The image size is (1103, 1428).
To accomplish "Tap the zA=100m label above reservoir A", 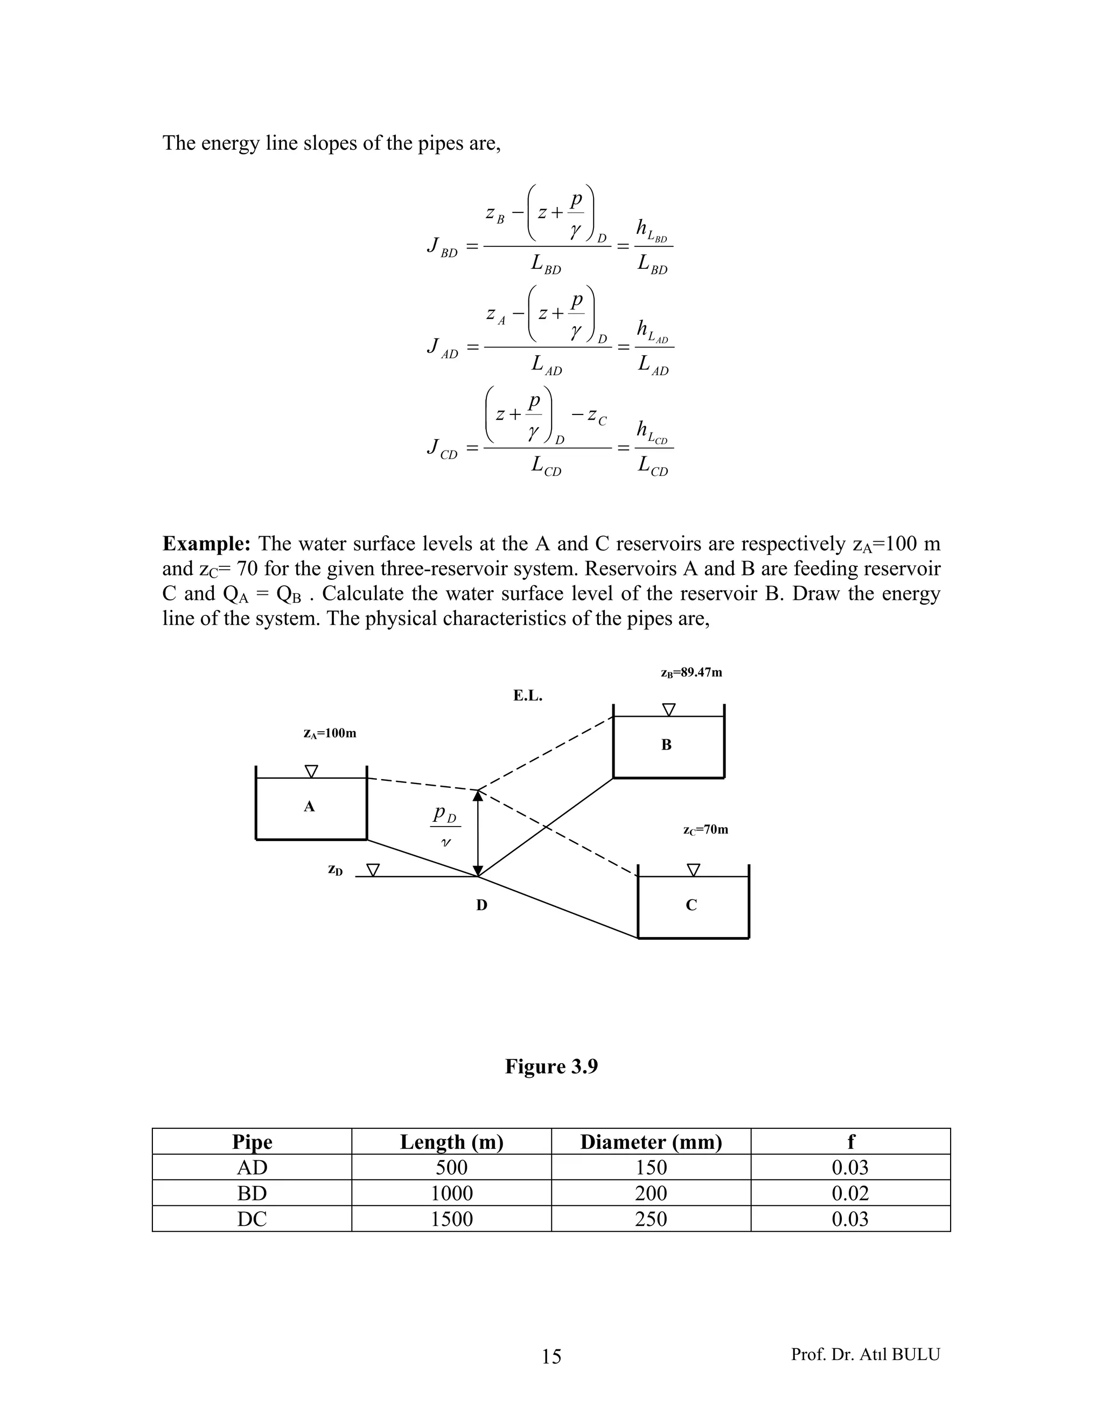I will [330, 733].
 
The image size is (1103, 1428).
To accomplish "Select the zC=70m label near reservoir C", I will [706, 830].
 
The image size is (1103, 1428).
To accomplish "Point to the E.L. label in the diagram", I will [528, 696].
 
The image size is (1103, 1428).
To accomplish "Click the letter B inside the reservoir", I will [667, 745].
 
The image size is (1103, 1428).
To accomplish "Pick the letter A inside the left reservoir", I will [310, 806].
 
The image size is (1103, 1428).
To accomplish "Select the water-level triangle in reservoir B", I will [668, 710].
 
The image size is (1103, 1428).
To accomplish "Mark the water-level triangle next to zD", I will [373, 870].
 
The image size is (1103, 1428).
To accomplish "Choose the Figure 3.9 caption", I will [551, 1066].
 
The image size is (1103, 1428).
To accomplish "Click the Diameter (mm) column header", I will [651, 1142].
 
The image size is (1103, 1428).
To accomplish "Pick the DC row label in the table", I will [252, 1219].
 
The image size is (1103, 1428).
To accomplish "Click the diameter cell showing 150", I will [651, 1168].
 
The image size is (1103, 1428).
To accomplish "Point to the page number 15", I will [551, 1357].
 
